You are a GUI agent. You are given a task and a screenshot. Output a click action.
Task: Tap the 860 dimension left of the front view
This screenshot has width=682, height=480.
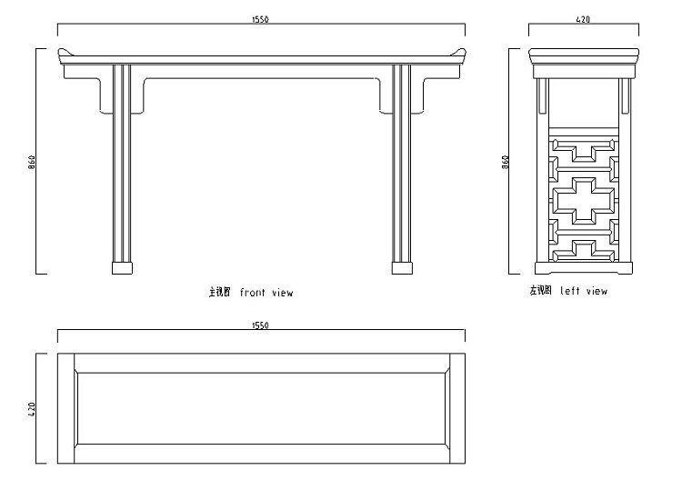[x=32, y=161]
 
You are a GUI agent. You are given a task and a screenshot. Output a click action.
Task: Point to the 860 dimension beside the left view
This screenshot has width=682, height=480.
[x=506, y=161]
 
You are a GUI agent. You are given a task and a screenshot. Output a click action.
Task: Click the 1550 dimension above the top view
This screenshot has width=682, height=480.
[x=262, y=325]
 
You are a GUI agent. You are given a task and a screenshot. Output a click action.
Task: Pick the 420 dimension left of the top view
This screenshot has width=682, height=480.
[x=32, y=408]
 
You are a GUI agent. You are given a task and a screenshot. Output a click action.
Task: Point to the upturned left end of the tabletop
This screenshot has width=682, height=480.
[x=63, y=52]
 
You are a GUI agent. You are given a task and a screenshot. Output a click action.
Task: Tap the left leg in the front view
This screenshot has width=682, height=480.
[x=120, y=164]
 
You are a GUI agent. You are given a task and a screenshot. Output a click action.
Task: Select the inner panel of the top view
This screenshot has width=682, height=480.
[x=261, y=408]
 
